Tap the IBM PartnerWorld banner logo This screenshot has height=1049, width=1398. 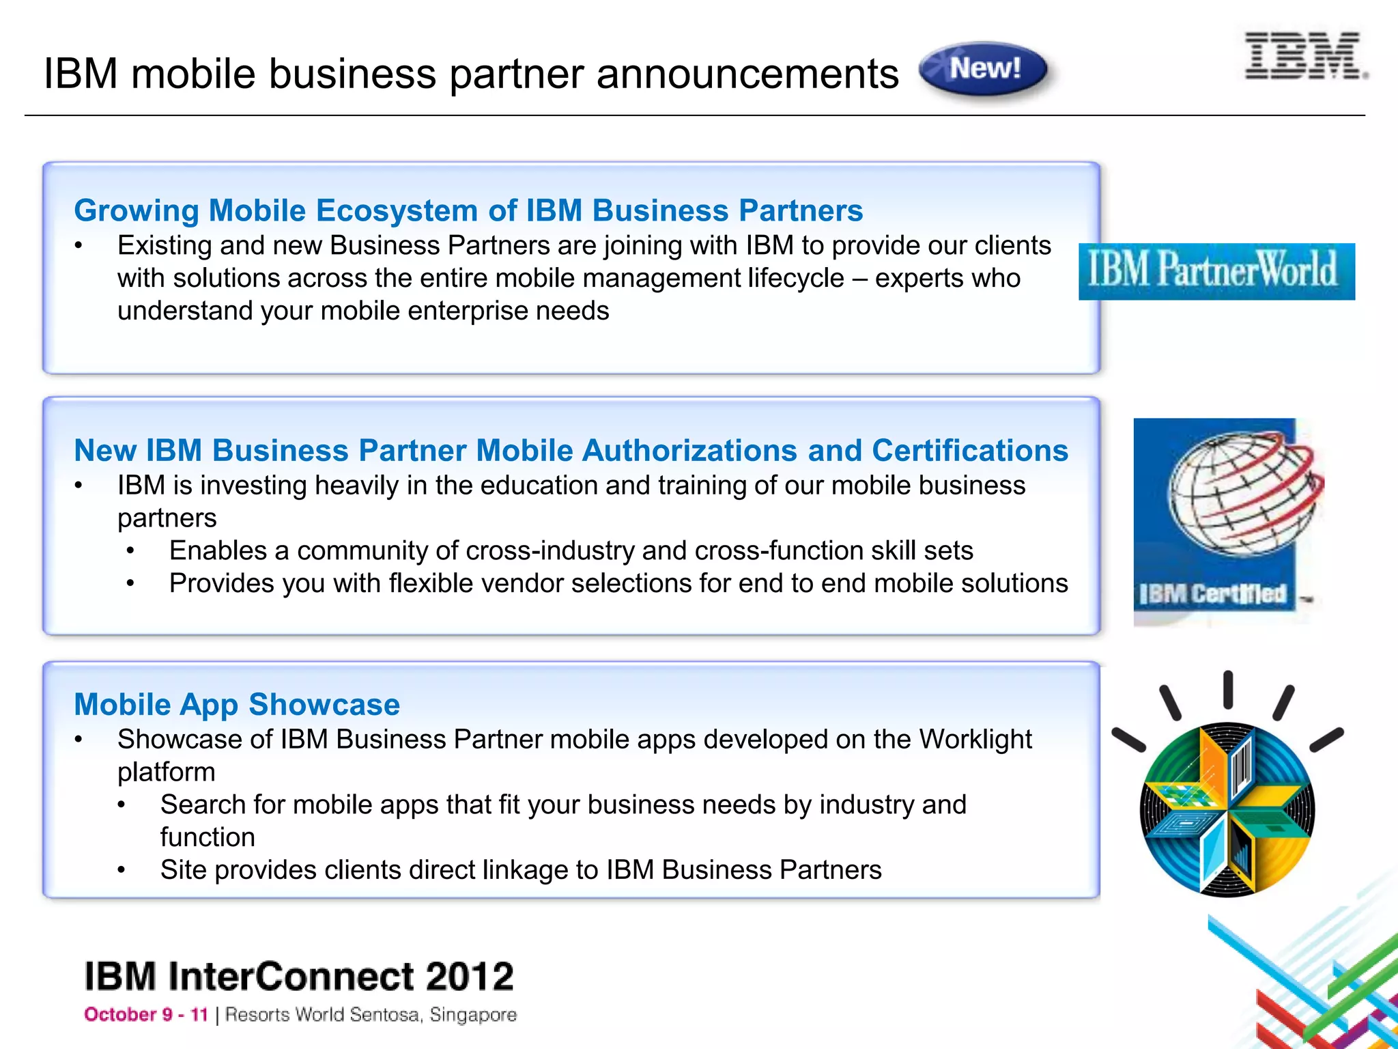pos(1216,271)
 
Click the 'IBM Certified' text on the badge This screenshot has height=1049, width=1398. pos(1212,594)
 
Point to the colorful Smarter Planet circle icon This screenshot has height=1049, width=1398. pos(1227,809)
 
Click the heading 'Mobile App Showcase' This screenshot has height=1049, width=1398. pos(237,704)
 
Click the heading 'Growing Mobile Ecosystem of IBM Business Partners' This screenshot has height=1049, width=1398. pos(468,210)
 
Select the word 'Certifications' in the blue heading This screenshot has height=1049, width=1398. pos(970,451)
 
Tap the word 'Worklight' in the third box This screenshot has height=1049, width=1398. pos(975,740)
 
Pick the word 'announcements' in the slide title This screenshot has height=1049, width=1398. pos(747,74)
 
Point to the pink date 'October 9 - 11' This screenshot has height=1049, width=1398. pos(146,1015)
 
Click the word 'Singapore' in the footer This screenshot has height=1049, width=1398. pos(473,1015)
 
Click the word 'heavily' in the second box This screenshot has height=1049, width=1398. pos(357,486)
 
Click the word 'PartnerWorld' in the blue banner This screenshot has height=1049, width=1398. pos(1248,270)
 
